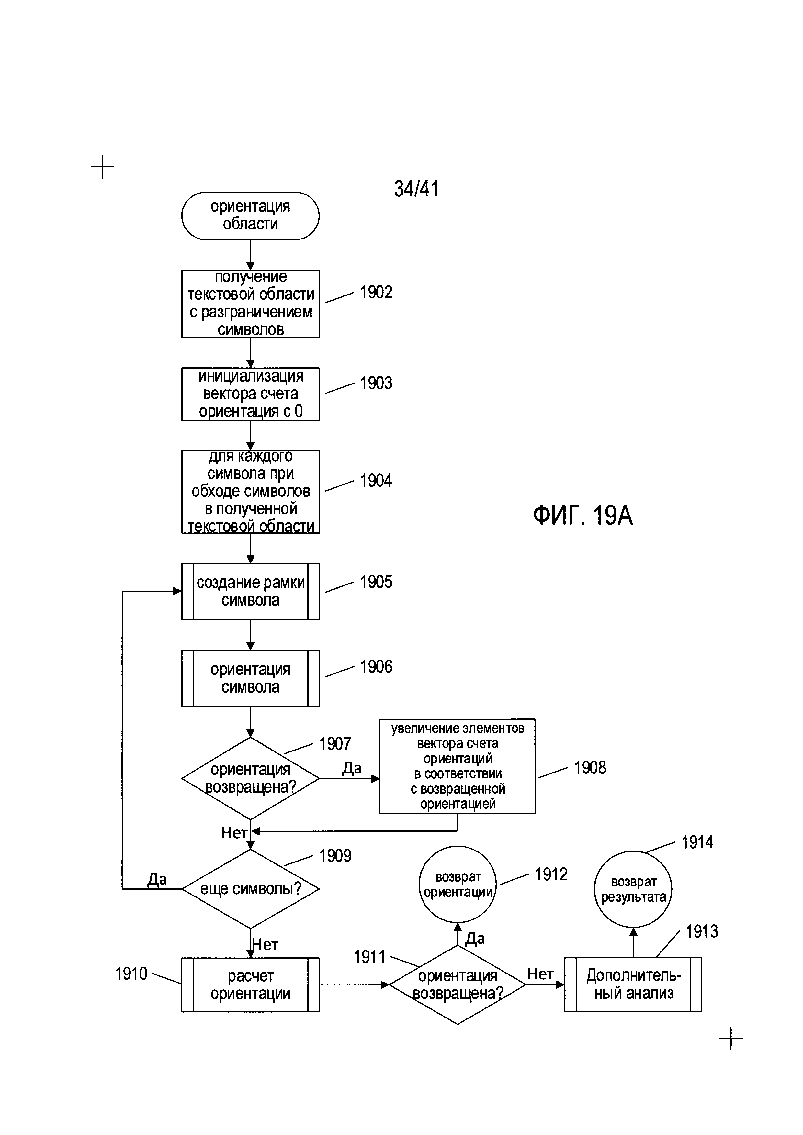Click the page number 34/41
pos(416,188)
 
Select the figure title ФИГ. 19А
pos(582,516)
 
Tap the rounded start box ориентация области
pos(250,216)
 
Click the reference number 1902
pos(376,292)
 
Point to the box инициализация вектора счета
pos(250,394)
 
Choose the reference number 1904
pos(376,481)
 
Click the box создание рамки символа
pos(250,591)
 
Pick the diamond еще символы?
pos(250,889)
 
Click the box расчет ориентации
pos(250,985)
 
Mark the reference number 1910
pos(131,974)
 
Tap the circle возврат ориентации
pos(458,885)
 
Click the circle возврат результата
pos(633,889)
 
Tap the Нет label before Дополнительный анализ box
pos(540,974)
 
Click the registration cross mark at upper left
pos(102,167)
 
